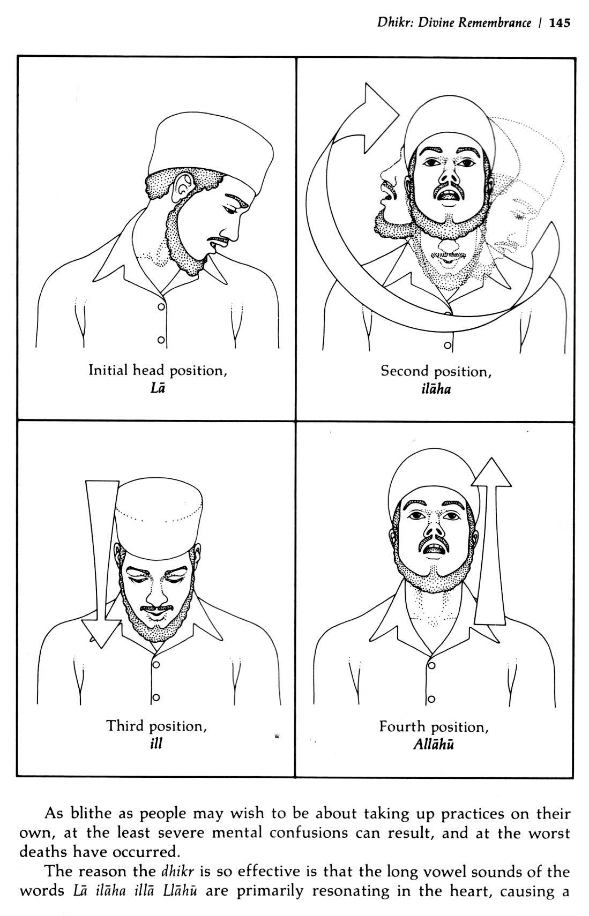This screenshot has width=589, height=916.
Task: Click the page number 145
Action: [x=559, y=23]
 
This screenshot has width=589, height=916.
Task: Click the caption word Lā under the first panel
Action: [x=158, y=388]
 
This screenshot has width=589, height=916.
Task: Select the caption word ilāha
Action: [x=436, y=388]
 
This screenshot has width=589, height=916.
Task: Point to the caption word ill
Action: [x=156, y=743]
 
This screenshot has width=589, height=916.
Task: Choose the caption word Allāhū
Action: [x=434, y=744]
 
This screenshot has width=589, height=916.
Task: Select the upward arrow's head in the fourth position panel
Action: [x=491, y=472]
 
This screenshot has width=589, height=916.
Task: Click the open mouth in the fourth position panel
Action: [x=434, y=551]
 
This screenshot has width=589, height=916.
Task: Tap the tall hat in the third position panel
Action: [x=159, y=518]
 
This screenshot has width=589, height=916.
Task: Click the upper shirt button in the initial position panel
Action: [x=161, y=306]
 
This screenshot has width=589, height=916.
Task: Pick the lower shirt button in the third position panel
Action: [x=156, y=697]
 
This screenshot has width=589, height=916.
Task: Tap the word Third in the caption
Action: [x=125, y=726]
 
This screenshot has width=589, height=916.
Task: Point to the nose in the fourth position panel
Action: [x=434, y=528]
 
